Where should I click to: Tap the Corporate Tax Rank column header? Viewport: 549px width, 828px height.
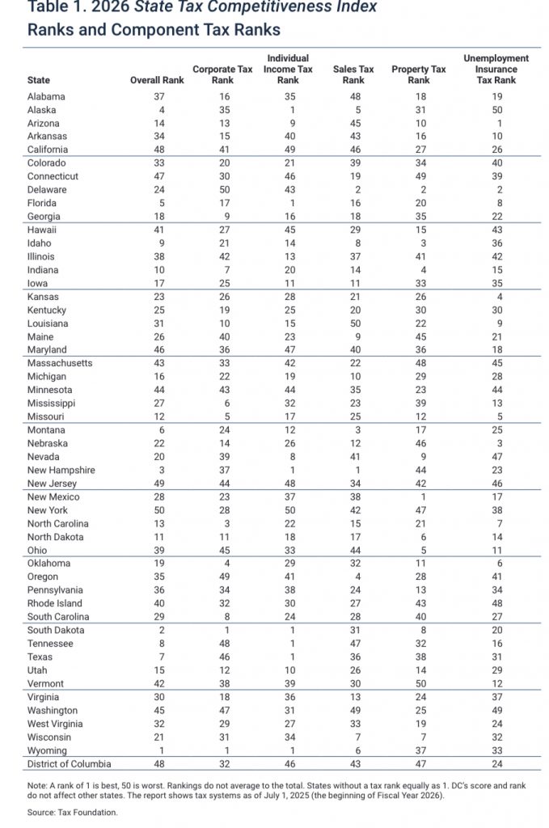click(x=222, y=75)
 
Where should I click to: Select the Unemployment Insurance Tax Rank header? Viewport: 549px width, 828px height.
click(x=496, y=70)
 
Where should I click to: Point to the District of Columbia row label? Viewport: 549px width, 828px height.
click(x=69, y=763)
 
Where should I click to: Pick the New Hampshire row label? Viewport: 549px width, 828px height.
click(x=61, y=470)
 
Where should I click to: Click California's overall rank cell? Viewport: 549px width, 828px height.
click(x=159, y=150)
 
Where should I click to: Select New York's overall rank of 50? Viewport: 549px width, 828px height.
click(x=159, y=510)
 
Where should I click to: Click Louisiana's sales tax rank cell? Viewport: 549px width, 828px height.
click(x=353, y=323)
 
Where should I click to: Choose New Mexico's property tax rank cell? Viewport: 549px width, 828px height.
click(x=419, y=496)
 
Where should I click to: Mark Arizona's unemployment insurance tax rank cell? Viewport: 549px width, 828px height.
click(x=496, y=123)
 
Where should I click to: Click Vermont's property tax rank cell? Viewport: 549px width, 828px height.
click(x=419, y=683)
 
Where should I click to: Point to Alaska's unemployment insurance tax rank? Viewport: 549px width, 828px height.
click(x=496, y=110)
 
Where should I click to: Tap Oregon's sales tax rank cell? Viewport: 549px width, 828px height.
click(x=353, y=577)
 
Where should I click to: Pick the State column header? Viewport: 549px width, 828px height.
click(x=38, y=81)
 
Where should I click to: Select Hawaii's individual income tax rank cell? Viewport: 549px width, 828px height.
click(x=288, y=230)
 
